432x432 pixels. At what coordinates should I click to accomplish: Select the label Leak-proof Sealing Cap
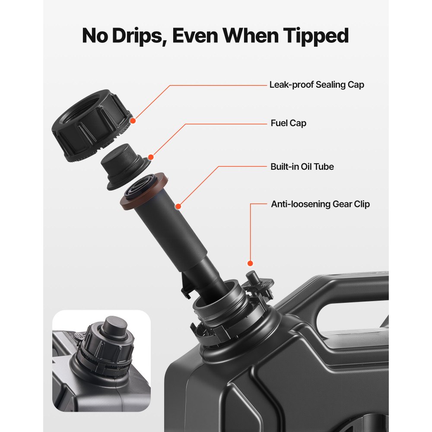[317, 85]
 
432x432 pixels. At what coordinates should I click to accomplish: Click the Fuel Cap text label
[288, 123]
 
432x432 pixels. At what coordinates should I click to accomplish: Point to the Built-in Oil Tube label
[302, 167]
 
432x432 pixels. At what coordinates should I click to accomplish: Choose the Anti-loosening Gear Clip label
[320, 204]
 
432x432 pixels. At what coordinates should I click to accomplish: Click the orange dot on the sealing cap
[133, 121]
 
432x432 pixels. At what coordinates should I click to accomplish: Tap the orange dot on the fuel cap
[151, 157]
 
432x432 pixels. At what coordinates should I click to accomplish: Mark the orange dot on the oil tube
[178, 206]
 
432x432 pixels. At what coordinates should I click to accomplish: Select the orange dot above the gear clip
[250, 264]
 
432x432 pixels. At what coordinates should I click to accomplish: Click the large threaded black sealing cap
[91, 125]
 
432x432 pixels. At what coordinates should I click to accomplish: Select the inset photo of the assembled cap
[102, 361]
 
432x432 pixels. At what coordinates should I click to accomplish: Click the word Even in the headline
[195, 36]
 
